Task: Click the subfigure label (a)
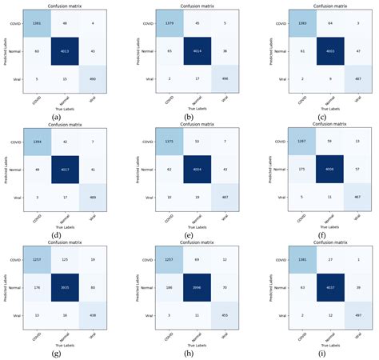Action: (55, 118)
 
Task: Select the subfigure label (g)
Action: (55, 352)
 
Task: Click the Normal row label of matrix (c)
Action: (280, 50)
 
